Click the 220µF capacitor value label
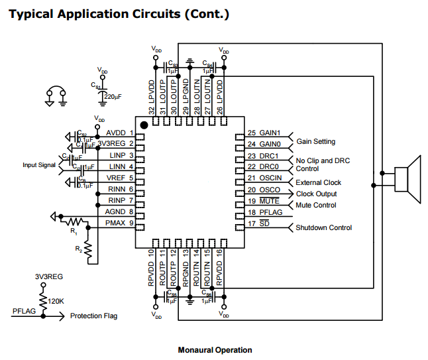(113, 97)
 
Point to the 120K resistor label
(56, 300)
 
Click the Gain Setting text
(315, 142)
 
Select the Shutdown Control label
(323, 228)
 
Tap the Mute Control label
(316, 206)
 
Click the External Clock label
(318, 183)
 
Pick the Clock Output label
(316, 194)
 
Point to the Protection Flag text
(93, 316)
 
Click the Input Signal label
(39, 165)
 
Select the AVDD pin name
(115, 133)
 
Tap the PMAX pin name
(115, 223)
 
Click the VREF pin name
(116, 178)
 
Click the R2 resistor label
(79, 251)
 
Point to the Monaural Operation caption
(215, 350)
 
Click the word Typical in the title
(31, 13)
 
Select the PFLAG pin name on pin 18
(270, 212)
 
